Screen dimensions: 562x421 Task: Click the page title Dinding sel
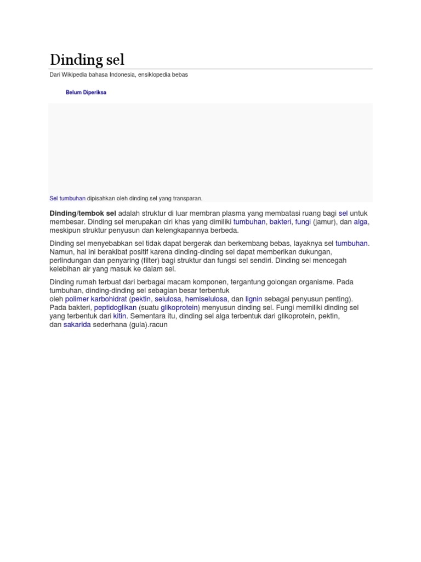pos(87,59)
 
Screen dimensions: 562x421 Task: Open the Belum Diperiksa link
pos(86,93)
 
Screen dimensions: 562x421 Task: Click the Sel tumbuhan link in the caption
pos(67,198)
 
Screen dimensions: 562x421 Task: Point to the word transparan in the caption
pos(187,198)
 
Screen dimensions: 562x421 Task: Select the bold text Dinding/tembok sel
pos(83,213)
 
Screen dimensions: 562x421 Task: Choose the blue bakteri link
pos(280,222)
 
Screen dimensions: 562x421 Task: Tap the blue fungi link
pos(303,222)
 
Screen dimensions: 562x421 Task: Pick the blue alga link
pos(361,222)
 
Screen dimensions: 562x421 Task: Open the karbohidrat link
pos(109,299)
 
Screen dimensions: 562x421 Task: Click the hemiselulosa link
pos(206,299)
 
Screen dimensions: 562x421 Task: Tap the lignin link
pos(254,299)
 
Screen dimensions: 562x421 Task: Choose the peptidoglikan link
pos(115,308)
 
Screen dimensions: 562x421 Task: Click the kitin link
pos(120,317)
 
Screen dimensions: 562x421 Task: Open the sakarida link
pos(77,325)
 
